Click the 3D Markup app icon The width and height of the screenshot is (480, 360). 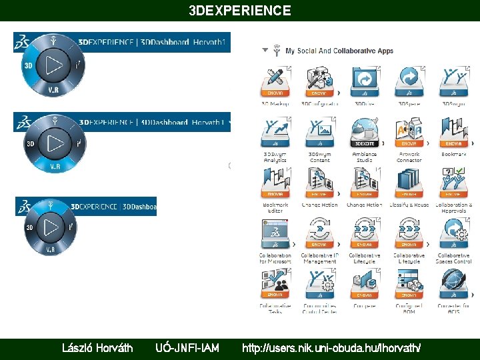click(x=275, y=82)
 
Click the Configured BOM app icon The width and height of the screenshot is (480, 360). click(x=409, y=284)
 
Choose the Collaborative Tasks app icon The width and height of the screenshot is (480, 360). click(x=275, y=284)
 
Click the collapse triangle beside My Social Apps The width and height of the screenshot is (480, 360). click(x=265, y=50)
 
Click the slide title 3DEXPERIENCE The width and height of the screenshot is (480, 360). click(x=240, y=11)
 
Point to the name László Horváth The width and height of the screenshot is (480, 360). click(x=97, y=347)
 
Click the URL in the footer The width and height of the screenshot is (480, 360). click(x=331, y=347)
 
